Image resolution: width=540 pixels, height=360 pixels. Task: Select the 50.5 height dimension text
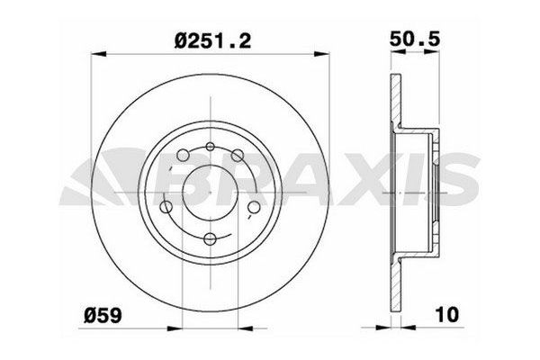point(419,41)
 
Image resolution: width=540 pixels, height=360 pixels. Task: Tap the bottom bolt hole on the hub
point(209,238)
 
